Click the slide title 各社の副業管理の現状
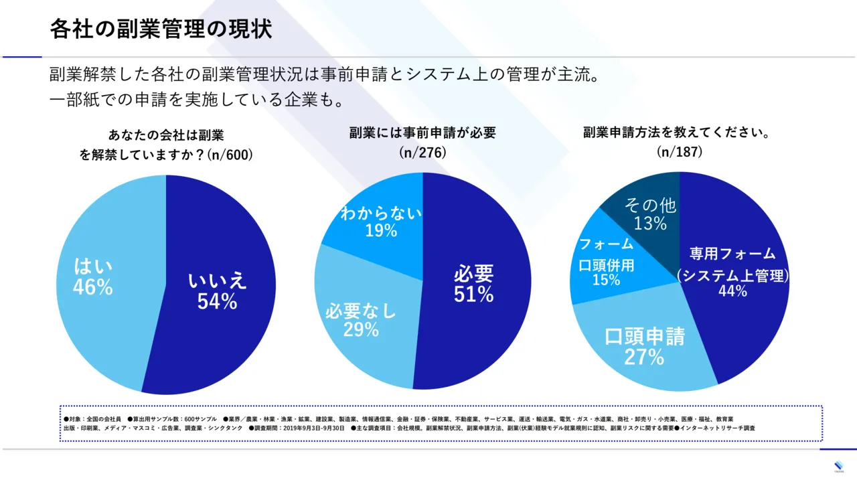tap(161, 29)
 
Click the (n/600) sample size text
tap(230, 155)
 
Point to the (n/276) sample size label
tap(422, 153)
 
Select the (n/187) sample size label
tap(679, 153)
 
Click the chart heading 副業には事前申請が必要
tap(422, 133)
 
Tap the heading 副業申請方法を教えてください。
tap(679, 133)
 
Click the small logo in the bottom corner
tap(840, 466)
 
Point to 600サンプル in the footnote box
tap(202, 418)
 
